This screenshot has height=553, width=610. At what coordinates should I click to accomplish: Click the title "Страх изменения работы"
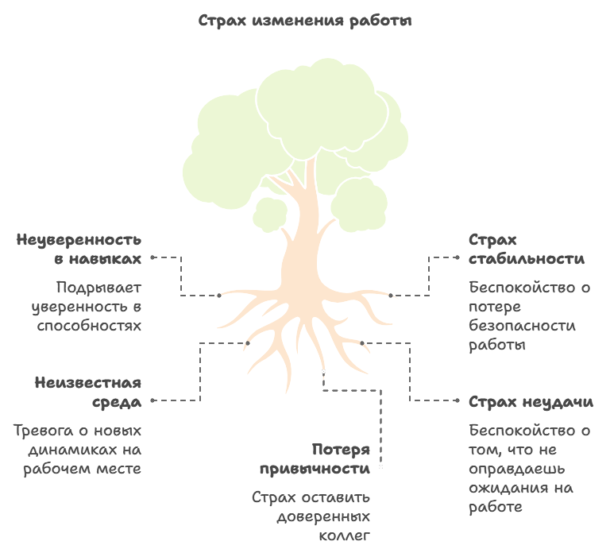click(305, 21)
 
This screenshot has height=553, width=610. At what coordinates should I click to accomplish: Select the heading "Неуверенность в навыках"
click(79, 249)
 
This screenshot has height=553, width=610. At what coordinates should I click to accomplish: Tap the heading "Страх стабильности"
click(526, 249)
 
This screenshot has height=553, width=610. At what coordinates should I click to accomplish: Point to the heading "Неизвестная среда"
click(88, 392)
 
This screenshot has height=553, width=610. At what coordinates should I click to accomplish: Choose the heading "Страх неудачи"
click(531, 401)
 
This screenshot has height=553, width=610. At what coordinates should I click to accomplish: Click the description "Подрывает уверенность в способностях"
click(87, 306)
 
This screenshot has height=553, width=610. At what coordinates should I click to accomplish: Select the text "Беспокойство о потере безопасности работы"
click(529, 315)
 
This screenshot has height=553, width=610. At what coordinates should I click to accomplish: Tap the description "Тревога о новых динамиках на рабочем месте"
click(78, 449)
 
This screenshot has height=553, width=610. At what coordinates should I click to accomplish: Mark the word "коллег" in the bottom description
click(346, 535)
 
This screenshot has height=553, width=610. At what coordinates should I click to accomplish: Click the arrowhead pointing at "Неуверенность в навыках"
click(152, 257)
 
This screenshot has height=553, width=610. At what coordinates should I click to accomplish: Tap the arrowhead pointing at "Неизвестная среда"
click(152, 400)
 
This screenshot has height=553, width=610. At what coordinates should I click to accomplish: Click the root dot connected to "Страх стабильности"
click(391, 296)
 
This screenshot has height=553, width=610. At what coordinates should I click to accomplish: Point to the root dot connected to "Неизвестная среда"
click(248, 343)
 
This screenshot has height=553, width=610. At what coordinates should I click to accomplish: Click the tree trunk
click(302, 238)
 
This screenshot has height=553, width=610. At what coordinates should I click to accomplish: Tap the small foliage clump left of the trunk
click(270, 213)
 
